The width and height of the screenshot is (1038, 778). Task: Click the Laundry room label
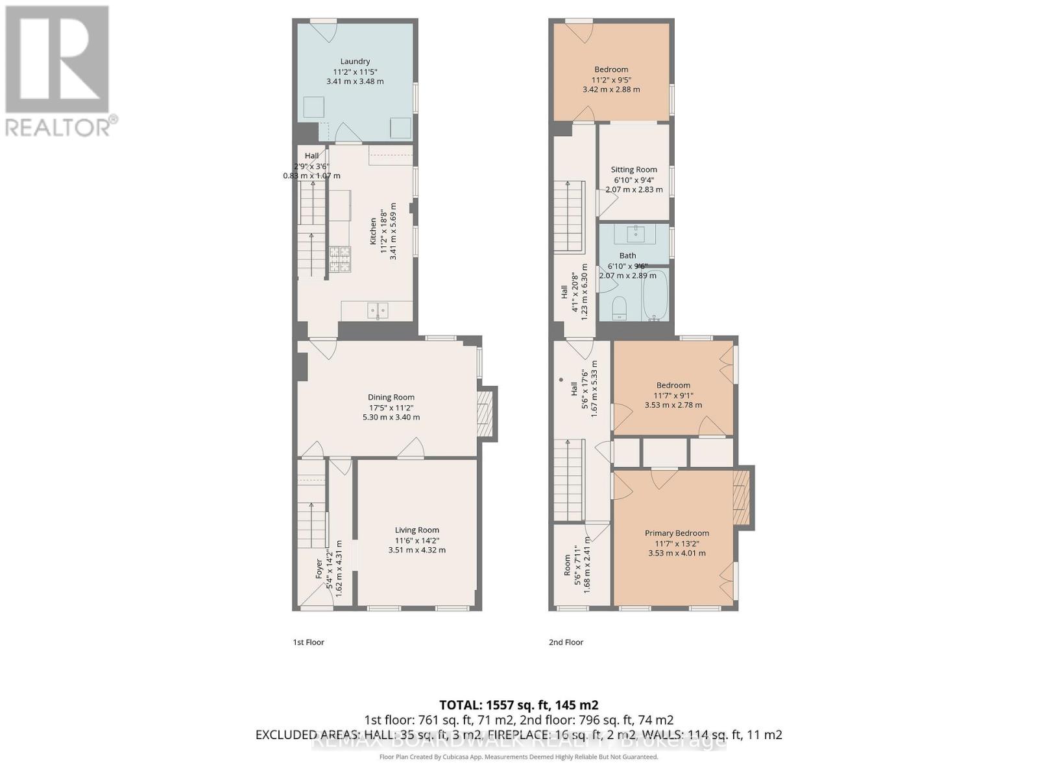355,62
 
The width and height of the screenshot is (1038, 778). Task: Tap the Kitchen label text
373,231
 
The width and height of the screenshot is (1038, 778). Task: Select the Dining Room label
391,397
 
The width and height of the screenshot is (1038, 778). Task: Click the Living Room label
417,530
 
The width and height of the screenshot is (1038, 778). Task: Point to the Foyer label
319,569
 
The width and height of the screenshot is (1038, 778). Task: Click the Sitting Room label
634,170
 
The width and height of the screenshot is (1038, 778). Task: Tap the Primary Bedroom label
677,533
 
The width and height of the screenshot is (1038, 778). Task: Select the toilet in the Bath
619,308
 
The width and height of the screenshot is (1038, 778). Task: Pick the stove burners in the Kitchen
340,259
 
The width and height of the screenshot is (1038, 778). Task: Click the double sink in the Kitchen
378,311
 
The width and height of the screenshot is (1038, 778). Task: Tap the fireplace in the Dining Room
483,415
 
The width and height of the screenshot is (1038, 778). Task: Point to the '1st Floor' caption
308,642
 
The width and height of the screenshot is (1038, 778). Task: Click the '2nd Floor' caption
566,642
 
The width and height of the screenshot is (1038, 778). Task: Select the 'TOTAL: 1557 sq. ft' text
518,705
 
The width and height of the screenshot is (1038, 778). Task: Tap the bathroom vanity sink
634,233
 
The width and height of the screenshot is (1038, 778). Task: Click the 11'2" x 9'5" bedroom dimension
610,80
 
